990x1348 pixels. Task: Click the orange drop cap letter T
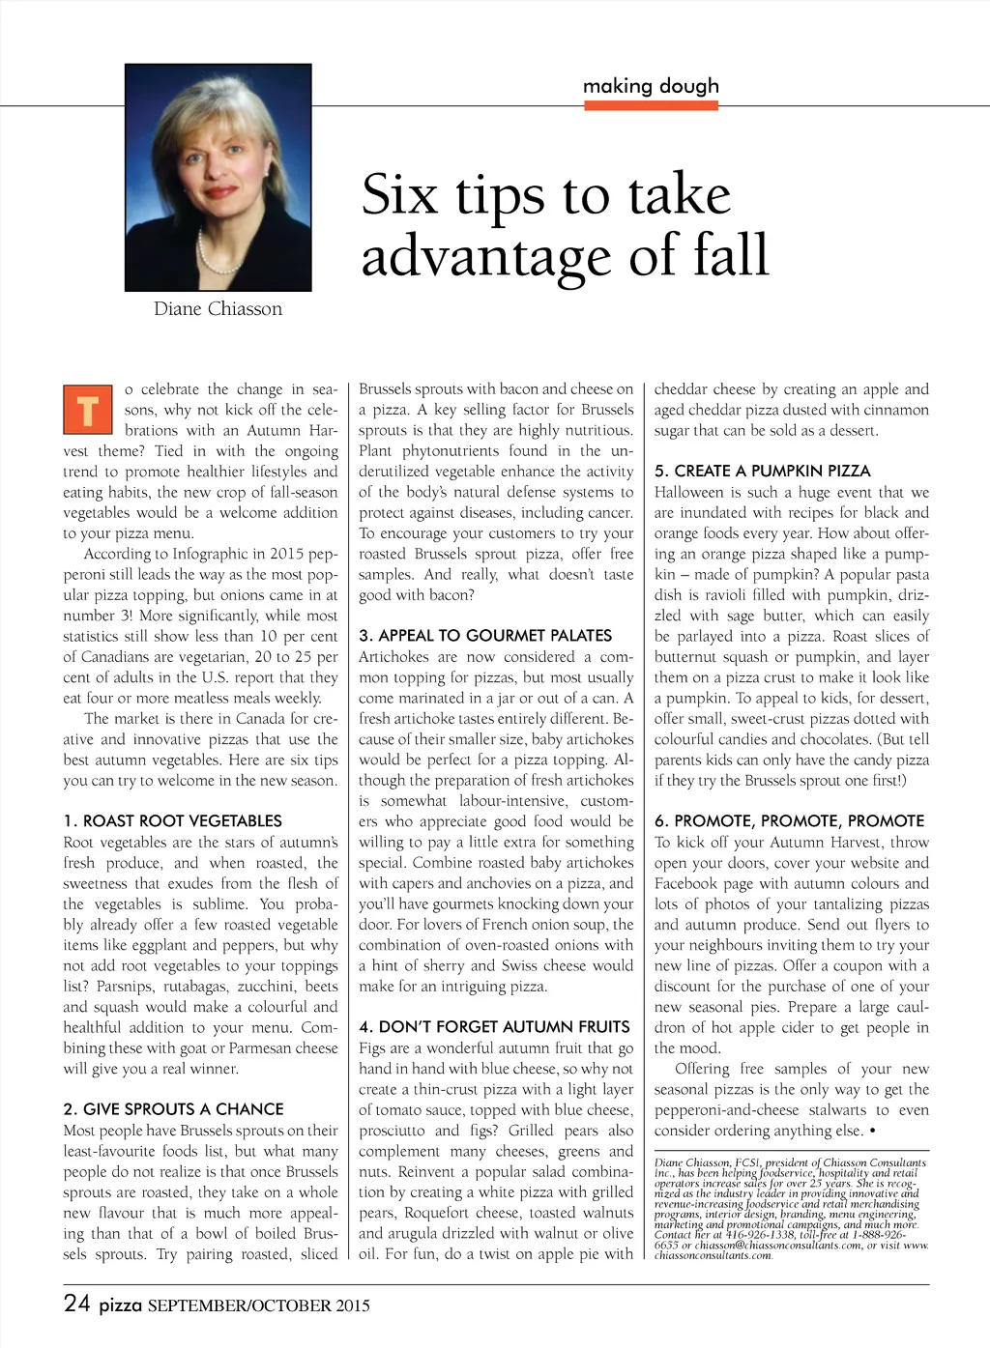(87, 410)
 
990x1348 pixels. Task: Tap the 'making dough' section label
(651, 86)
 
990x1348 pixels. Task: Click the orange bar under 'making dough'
(651, 104)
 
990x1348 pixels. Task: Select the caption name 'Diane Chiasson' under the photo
(218, 309)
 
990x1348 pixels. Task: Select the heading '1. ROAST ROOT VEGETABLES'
(173, 820)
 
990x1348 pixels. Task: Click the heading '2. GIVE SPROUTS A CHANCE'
(174, 1109)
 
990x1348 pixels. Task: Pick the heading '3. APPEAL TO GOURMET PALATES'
(485, 636)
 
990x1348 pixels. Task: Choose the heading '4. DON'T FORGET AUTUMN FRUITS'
(494, 1027)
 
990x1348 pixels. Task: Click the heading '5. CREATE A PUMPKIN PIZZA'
(762, 471)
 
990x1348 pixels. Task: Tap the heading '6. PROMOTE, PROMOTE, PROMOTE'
(789, 820)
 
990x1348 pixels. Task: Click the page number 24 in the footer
(77, 1304)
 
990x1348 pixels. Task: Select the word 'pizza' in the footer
(121, 1305)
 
